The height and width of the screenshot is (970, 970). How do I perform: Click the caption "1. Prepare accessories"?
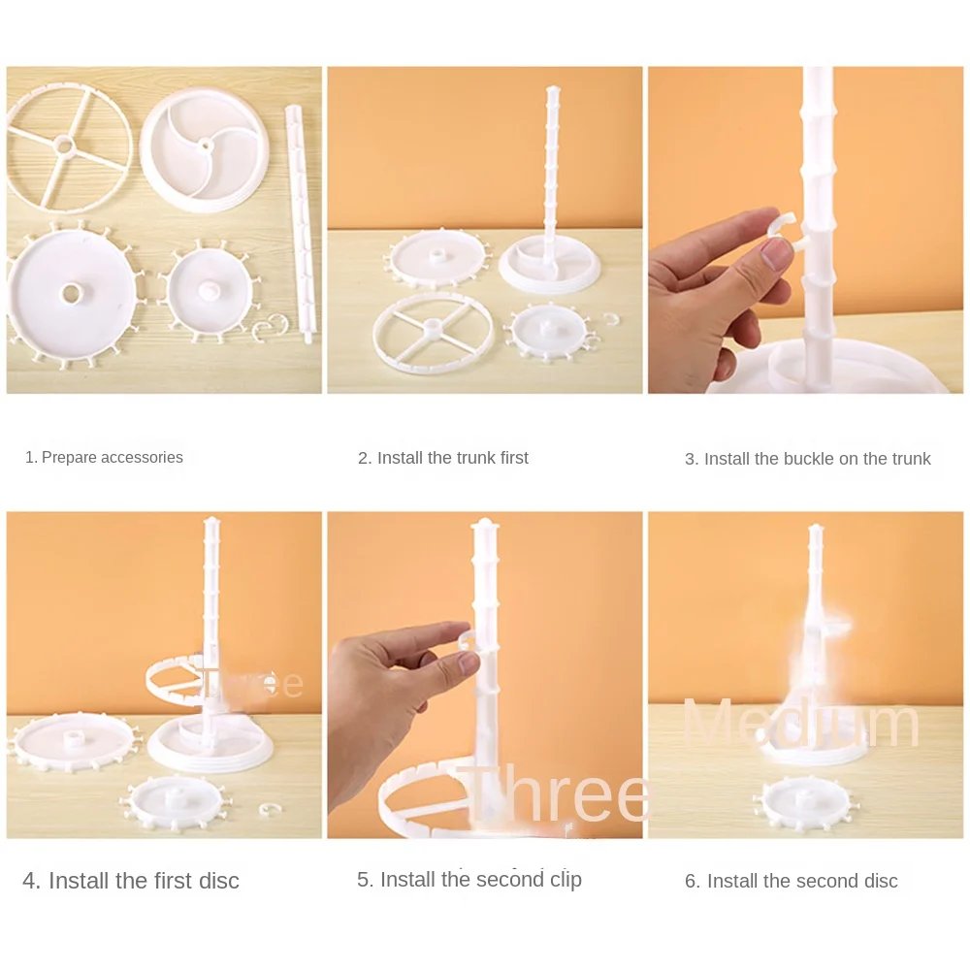pyautogui.click(x=104, y=457)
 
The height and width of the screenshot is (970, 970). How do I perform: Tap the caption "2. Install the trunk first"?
pyautogui.click(x=443, y=458)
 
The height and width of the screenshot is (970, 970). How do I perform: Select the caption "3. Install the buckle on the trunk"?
pyautogui.click(x=808, y=459)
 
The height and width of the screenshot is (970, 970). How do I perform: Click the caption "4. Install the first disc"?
pyautogui.click(x=131, y=881)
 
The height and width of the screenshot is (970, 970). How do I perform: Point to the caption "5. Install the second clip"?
pyautogui.click(x=469, y=880)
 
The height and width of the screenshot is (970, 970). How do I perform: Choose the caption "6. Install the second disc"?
pyautogui.click(x=792, y=881)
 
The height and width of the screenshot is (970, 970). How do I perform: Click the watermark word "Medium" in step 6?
pyautogui.click(x=801, y=725)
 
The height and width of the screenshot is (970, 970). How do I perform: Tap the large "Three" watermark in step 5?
pyautogui.click(x=555, y=793)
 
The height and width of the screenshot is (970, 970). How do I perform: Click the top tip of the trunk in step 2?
pyautogui.click(x=552, y=90)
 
